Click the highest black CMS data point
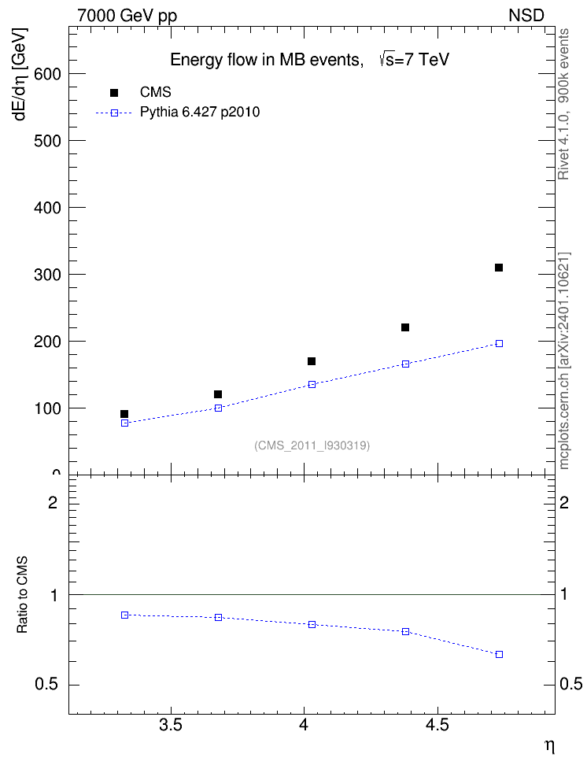click(x=499, y=268)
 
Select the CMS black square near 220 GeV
click(x=405, y=327)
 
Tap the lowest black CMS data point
click(x=124, y=414)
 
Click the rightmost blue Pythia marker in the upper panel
click(x=499, y=343)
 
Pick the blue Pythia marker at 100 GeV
click(x=219, y=408)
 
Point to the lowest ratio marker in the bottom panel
click(x=499, y=654)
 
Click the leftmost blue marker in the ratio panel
click(x=125, y=615)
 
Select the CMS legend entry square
click(x=114, y=93)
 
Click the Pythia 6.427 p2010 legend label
click(x=200, y=113)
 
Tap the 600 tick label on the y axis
click(x=47, y=74)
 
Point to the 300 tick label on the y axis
click(x=47, y=275)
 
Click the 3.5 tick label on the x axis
click(x=171, y=725)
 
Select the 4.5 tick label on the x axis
click(x=437, y=725)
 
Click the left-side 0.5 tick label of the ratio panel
click(x=47, y=685)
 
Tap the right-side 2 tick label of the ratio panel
click(x=564, y=502)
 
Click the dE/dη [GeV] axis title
click(x=21, y=74)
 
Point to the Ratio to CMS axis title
click(x=23, y=595)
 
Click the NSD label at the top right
click(x=526, y=16)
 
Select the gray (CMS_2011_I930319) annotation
click(x=312, y=445)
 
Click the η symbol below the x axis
click(x=550, y=746)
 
